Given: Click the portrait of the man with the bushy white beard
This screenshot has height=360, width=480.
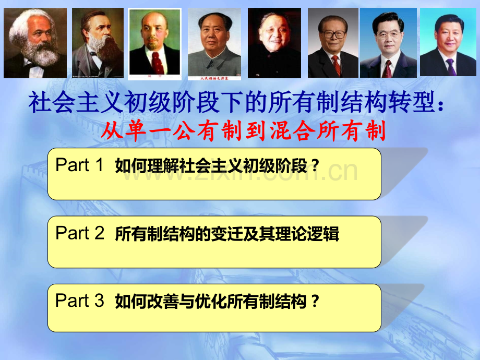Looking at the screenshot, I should click(x=35, y=43).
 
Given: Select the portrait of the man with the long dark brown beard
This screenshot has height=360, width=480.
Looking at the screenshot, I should click(x=98, y=43).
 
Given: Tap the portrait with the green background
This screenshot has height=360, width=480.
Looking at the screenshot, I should click(x=154, y=43).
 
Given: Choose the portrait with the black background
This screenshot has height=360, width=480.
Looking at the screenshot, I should click(x=274, y=43).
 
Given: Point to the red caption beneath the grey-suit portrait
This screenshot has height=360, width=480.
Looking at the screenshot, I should click(x=214, y=78).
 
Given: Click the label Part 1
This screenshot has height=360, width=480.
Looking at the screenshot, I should click(x=80, y=165).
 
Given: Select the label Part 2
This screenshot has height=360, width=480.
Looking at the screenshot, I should click(x=80, y=233).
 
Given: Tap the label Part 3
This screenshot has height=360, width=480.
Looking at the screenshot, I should click(x=80, y=301).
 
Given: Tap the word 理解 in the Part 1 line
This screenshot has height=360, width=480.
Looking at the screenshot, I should click(x=161, y=166).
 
